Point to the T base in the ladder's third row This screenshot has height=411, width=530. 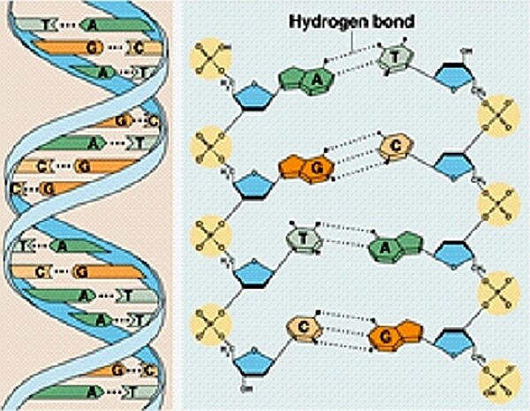[x=300, y=236]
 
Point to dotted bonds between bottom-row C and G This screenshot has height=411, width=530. [x=344, y=334]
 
